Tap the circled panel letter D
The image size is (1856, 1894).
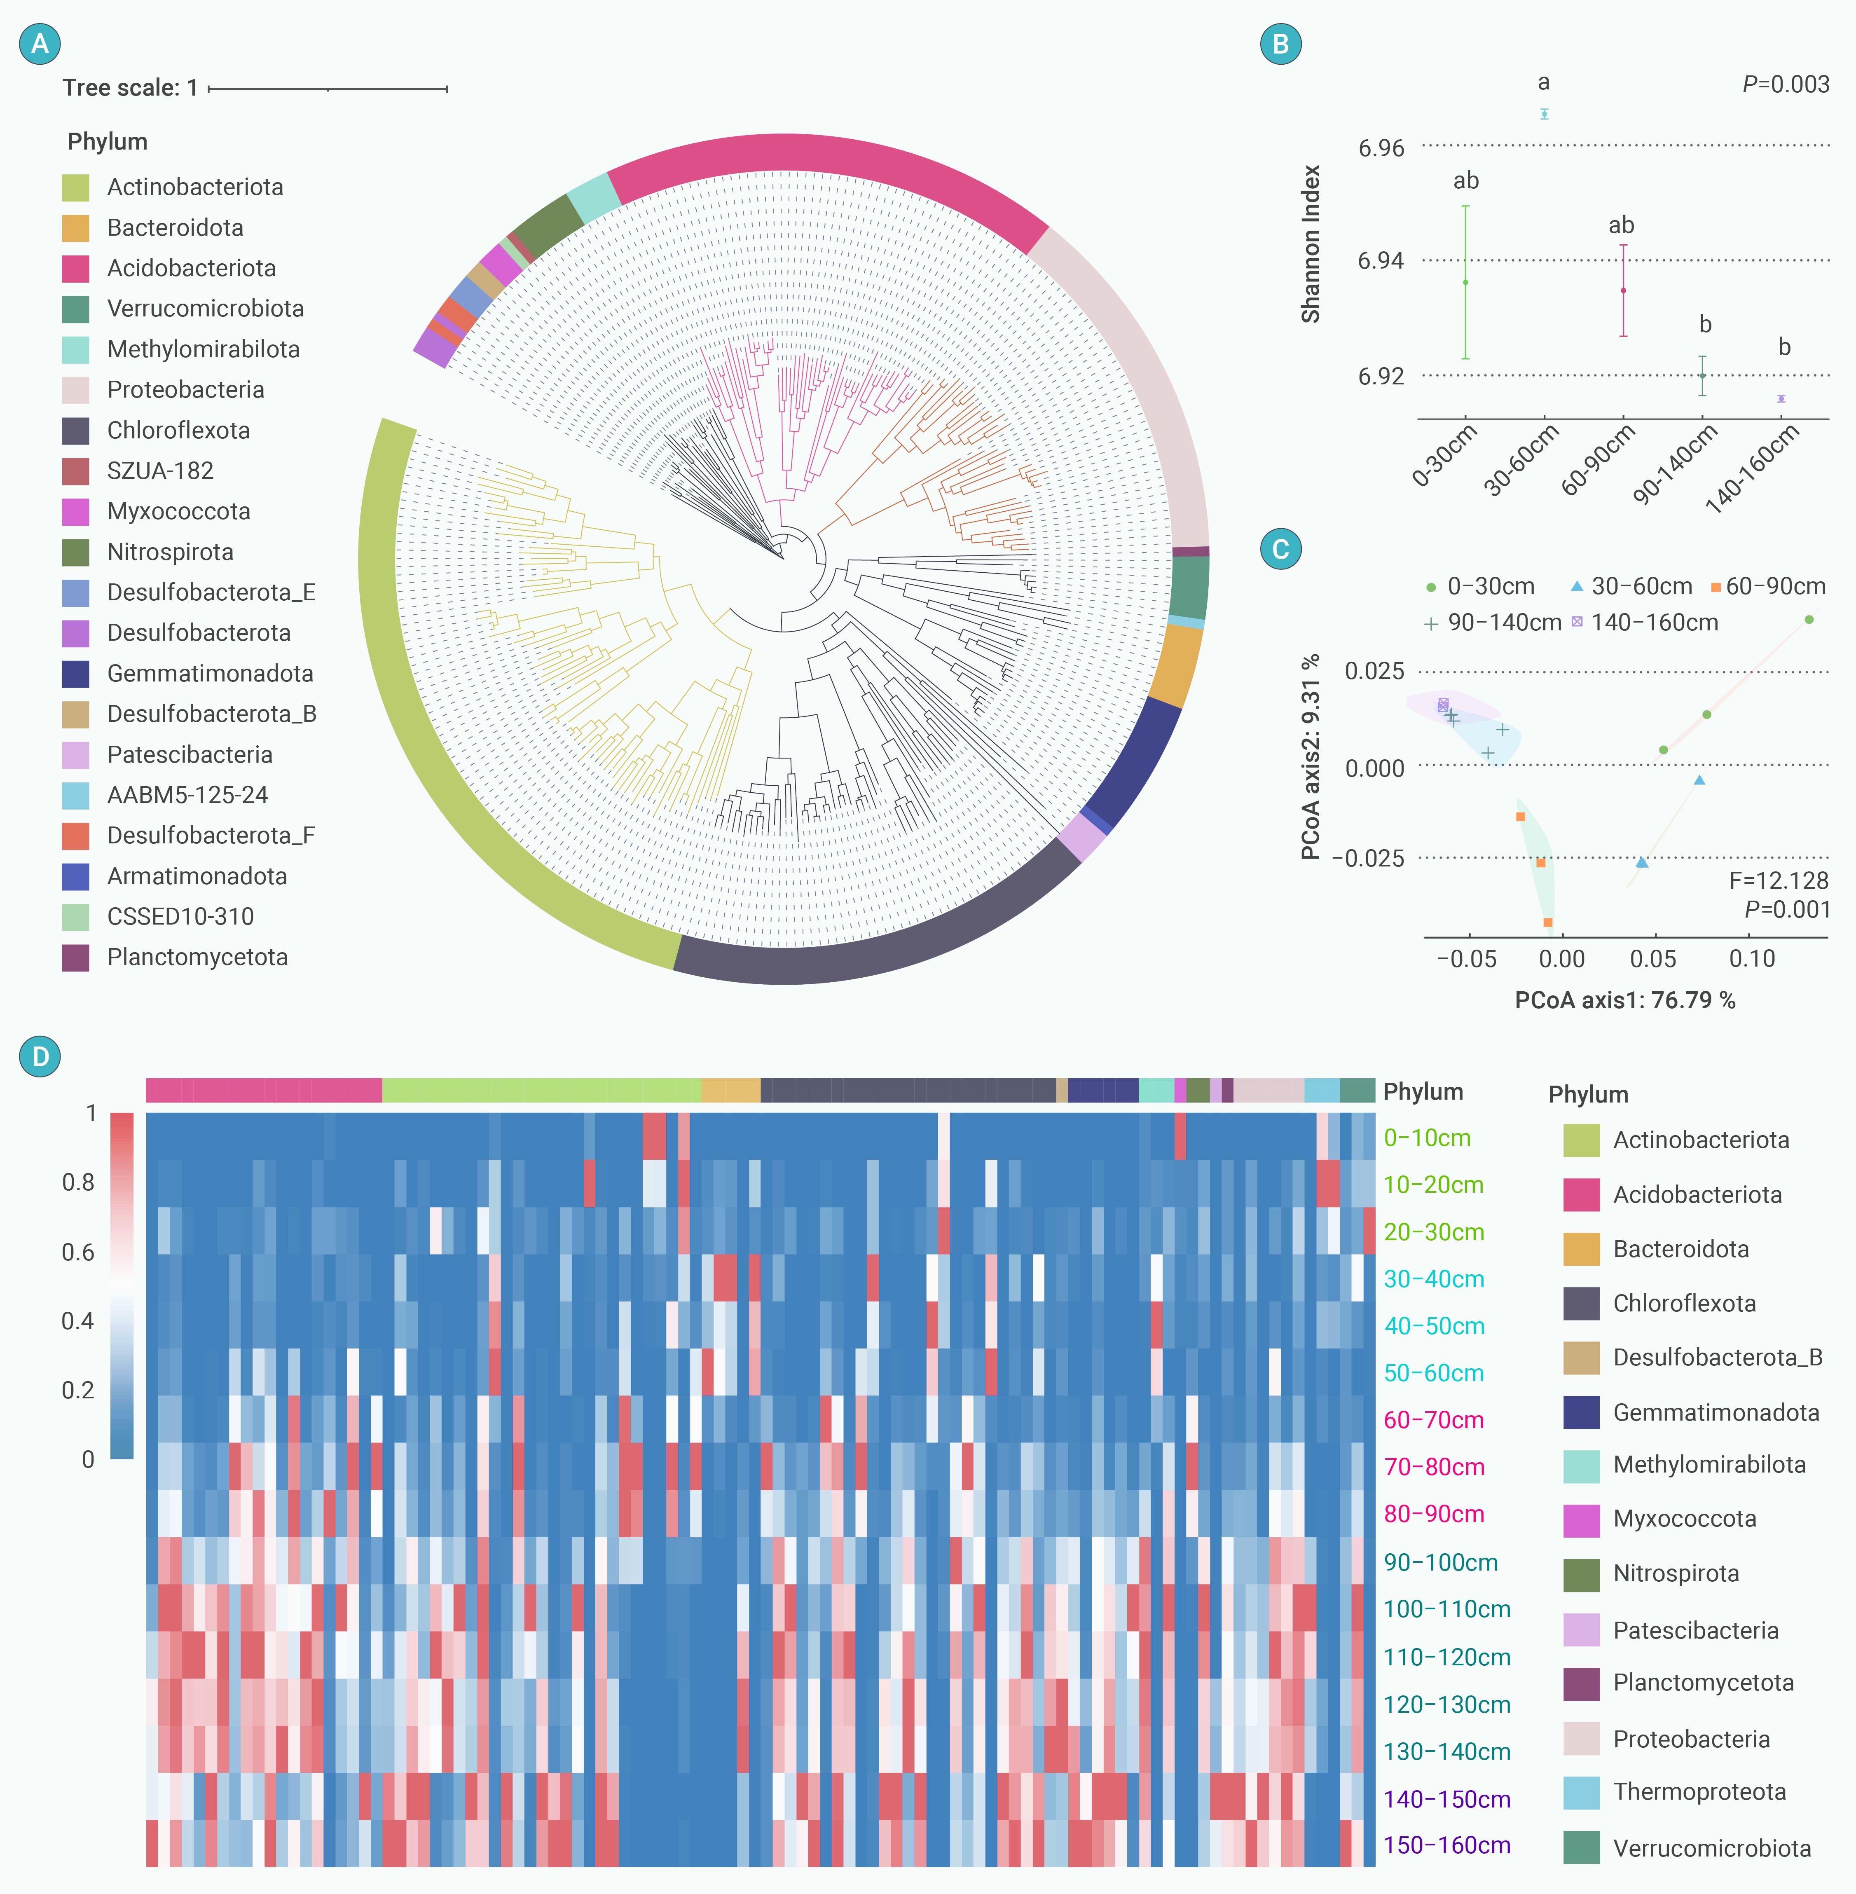coord(40,1057)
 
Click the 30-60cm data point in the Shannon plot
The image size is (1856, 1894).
coord(1544,114)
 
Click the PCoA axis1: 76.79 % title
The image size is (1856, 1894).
coord(1625,1000)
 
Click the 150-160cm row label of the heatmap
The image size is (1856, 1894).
coord(1446,1845)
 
